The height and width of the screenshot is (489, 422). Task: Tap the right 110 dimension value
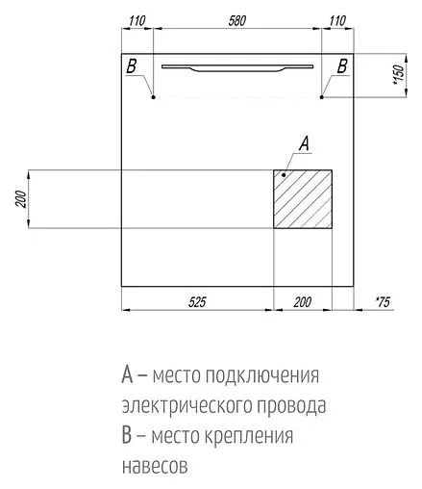(x=336, y=19)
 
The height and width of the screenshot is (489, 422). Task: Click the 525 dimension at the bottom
(x=196, y=302)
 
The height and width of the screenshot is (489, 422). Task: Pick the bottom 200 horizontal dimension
(x=302, y=302)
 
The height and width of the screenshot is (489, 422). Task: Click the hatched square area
(x=304, y=200)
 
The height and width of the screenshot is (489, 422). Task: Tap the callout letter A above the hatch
(x=303, y=146)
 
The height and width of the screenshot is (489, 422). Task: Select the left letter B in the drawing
(x=133, y=65)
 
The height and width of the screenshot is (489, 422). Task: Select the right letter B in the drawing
(x=341, y=65)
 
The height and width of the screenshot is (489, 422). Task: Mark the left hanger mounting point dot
(x=153, y=96)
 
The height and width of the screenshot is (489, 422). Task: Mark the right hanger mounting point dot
(x=323, y=96)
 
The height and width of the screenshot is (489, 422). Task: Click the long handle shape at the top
(x=236, y=67)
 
